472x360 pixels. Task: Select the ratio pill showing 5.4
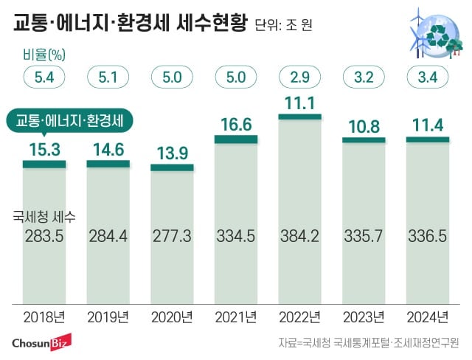(44, 76)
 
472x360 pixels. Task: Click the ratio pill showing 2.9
(299, 76)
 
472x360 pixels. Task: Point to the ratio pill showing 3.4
(427, 76)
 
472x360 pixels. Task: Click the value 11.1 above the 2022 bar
(299, 102)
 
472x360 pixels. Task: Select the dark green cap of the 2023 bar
(363, 139)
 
